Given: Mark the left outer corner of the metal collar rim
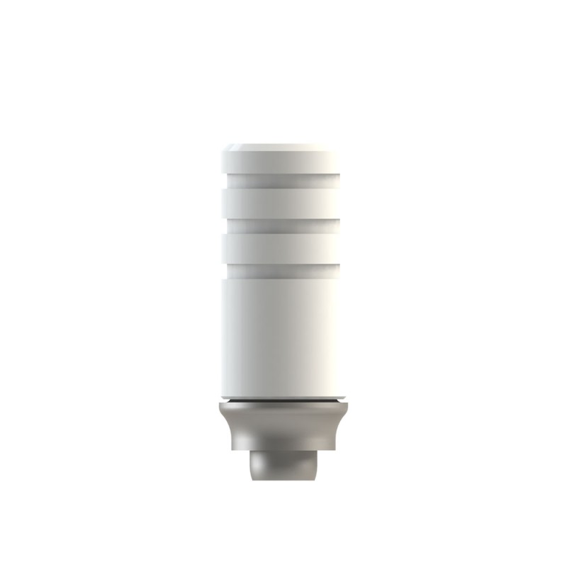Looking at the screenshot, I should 220,407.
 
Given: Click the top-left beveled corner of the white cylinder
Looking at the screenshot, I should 224,150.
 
